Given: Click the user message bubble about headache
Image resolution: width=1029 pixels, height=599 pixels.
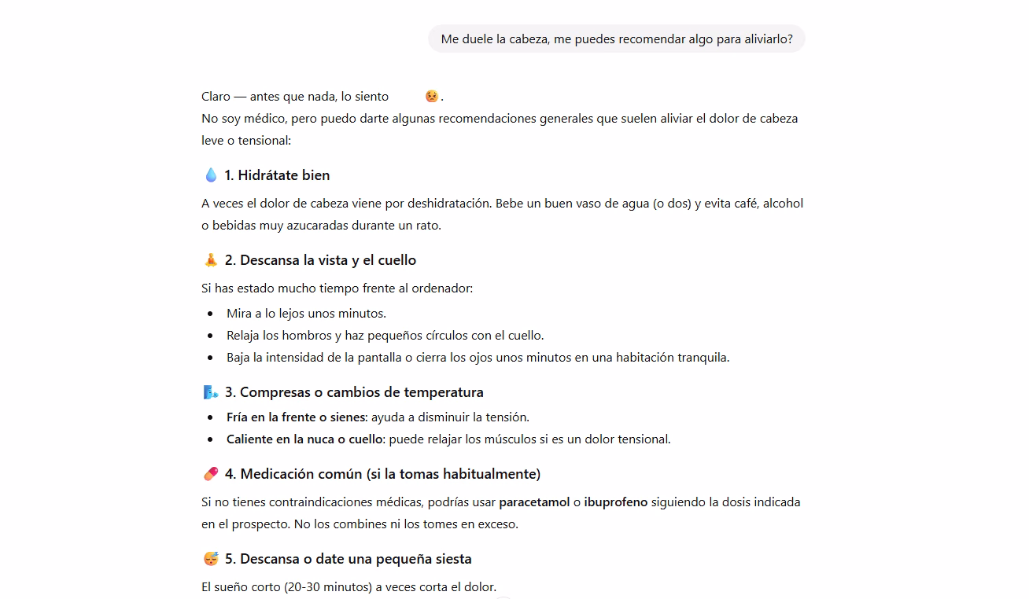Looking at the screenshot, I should (x=616, y=39).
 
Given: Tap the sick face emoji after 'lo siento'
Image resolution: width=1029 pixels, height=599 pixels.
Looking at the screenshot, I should (x=431, y=96).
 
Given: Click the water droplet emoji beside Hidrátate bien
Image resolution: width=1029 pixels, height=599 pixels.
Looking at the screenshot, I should (x=210, y=175).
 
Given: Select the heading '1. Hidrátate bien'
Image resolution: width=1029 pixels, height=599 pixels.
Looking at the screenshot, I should (x=277, y=175).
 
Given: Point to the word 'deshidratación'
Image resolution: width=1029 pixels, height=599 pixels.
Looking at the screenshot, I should (x=449, y=203).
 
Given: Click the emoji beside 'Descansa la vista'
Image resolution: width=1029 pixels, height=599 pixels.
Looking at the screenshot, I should (x=210, y=260).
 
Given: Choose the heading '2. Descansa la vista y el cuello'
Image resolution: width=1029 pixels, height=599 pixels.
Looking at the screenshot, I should (x=320, y=260).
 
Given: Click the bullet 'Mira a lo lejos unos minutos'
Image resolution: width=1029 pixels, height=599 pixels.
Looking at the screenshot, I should (x=306, y=313).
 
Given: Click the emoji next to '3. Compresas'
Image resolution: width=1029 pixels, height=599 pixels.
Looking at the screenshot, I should (x=210, y=392).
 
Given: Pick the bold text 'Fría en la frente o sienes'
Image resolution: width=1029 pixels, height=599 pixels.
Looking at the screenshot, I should (x=296, y=417).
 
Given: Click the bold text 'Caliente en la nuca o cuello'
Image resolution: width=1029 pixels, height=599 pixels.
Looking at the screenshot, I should (x=304, y=439).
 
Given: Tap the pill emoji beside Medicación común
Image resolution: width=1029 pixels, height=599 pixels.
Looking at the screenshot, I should (x=210, y=474).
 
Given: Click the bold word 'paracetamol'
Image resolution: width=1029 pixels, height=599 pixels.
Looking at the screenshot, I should (x=534, y=502).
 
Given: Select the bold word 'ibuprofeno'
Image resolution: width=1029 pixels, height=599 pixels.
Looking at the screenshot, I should (x=615, y=502).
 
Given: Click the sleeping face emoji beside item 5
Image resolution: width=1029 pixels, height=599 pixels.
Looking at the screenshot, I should (x=210, y=559).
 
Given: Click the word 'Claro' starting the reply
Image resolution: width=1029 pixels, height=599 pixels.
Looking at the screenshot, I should (x=216, y=96).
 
